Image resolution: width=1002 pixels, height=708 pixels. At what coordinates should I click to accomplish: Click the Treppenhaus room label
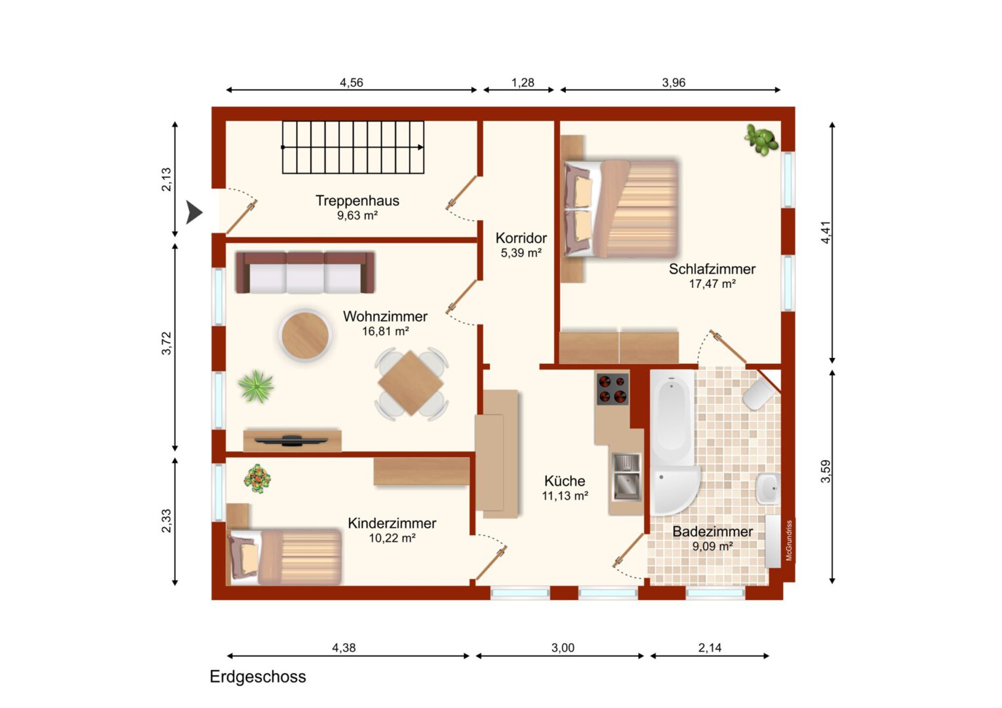(357, 201)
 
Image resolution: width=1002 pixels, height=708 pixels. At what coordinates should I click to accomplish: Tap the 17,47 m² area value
(712, 284)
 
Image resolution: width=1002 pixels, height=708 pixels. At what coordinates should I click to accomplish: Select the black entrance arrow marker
(194, 212)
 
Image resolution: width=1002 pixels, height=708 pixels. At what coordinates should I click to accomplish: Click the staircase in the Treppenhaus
(353, 147)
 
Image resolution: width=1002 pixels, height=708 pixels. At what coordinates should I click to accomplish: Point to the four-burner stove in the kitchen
(612, 388)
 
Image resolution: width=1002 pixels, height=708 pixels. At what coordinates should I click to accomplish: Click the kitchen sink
(626, 477)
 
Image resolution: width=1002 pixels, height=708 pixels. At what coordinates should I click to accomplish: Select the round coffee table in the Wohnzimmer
(305, 335)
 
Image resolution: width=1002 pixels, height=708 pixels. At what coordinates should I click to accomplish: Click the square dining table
(411, 383)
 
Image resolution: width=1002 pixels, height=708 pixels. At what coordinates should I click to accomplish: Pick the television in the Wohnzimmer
(291, 441)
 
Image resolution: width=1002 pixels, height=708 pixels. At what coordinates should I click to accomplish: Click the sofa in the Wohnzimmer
(305, 272)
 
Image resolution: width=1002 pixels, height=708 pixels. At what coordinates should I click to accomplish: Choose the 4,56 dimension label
(351, 83)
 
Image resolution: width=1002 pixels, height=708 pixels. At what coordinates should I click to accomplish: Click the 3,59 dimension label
(826, 471)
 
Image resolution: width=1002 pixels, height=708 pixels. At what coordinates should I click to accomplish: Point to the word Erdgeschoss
(258, 677)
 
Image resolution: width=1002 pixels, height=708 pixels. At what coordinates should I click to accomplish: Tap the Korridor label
(521, 238)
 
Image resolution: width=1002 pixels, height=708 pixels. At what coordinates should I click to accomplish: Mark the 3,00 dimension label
(563, 648)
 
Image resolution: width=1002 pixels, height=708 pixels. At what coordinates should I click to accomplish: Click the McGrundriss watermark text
(789, 540)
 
